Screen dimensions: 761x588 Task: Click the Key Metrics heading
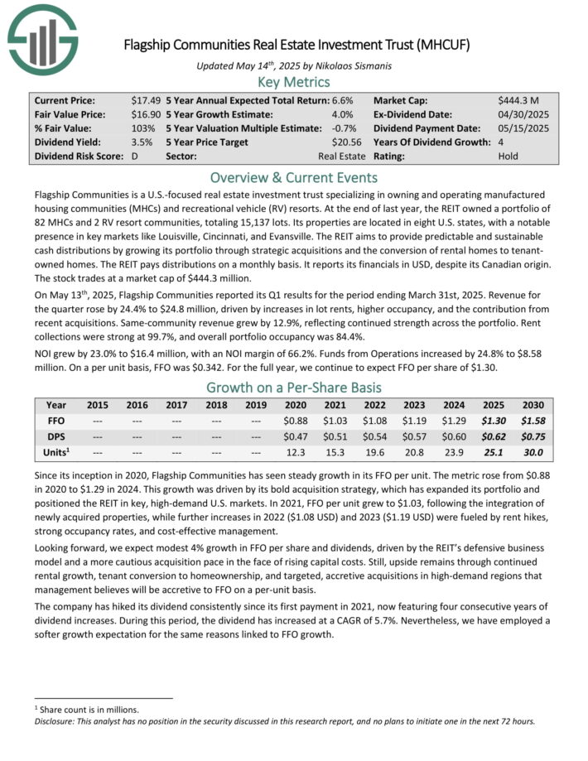(x=294, y=82)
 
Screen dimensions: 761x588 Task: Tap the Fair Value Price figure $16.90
(x=144, y=114)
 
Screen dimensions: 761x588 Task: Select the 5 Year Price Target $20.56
(x=348, y=142)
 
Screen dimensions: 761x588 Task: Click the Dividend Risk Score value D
(x=135, y=156)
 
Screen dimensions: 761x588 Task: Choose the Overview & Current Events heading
(x=294, y=178)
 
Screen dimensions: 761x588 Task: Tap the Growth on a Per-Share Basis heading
(x=294, y=388)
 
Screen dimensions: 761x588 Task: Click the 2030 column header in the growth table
(x=533, y=406)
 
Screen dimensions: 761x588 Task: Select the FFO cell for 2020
(x=295, y=421)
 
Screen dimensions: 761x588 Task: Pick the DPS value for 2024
(x=454, y=437)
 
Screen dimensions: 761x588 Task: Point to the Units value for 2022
(x=374, y=453)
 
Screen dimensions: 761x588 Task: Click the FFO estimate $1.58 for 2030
(x=533, y=421)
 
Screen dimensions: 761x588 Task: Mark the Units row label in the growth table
(x=56, y=453)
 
